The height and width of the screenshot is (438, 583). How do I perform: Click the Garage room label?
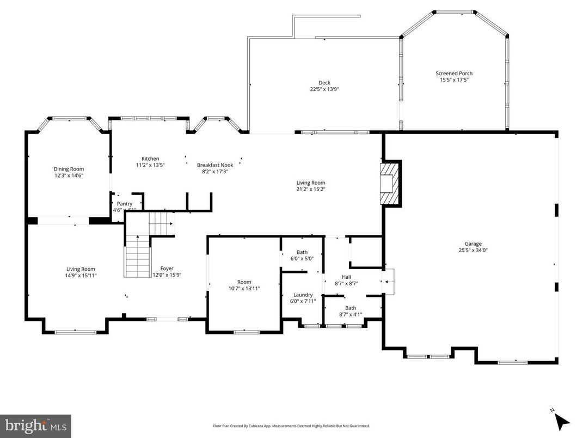[472, 244]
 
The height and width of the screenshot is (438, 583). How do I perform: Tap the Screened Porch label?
[454, 74]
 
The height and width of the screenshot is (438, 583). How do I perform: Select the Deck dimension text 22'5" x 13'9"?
[324, 89]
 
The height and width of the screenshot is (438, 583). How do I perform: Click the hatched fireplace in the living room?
[388, 182]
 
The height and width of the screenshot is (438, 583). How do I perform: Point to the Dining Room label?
[69, 169]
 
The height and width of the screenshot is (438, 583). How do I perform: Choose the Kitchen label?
[150, 159]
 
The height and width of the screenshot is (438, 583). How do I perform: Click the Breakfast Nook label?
[215, 165]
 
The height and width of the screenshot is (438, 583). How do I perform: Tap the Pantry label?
[125, 204]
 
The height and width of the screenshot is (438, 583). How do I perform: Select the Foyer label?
[167, 269]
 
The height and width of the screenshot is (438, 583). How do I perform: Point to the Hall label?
[346, 277]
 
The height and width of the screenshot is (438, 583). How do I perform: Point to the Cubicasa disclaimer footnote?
[291, 426]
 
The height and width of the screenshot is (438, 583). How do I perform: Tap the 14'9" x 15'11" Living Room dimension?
[81, 275]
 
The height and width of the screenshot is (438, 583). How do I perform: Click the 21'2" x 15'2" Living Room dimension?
[311, 190]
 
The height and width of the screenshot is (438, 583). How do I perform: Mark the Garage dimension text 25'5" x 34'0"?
[472, 251]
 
